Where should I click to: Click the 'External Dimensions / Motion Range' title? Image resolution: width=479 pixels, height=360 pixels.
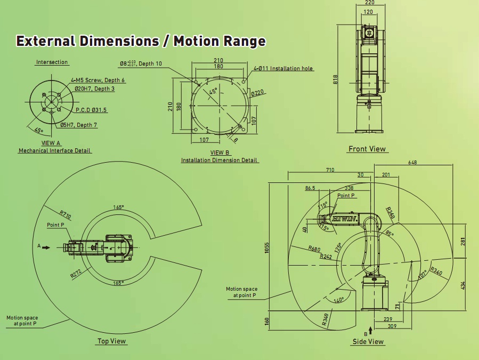(141, 41)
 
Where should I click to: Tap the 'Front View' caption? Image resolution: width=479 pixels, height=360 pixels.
(367, 149)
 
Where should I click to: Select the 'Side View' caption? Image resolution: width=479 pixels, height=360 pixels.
(368, 341)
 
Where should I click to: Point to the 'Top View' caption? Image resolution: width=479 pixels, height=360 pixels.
(112, 341)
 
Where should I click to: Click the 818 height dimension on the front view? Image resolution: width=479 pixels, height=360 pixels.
(336, 79)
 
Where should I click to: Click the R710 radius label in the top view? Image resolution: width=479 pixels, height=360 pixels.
(66, 215)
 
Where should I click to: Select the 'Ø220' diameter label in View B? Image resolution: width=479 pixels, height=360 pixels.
(257, 93)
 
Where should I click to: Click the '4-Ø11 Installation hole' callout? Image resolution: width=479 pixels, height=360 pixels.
(283, 68)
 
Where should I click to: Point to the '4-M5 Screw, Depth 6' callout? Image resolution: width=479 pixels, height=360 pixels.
(98, 80)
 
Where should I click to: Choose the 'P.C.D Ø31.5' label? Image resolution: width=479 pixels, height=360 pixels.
(91, 110)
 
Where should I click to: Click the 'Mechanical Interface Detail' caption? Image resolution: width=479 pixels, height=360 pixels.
(55, 150)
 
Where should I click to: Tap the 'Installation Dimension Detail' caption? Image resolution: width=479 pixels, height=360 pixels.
(220, 160)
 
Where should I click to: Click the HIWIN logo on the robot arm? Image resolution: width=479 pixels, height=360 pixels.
(346, 219)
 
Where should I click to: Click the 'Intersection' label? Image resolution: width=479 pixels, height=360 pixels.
(52, 62)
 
